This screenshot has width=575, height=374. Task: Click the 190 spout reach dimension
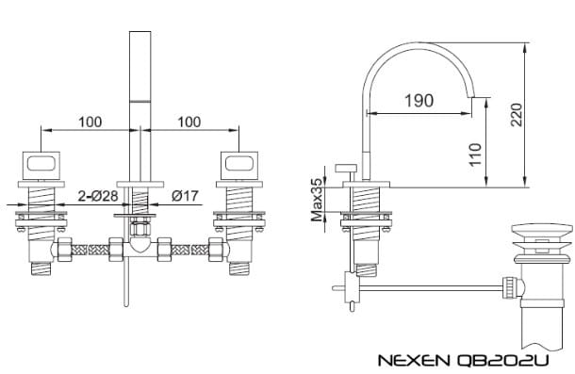click(420, 99)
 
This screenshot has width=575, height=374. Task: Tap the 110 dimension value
click(474, 151)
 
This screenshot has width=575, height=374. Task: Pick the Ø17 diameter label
click(185, 195)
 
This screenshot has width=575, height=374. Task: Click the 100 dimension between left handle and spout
click(90, 122)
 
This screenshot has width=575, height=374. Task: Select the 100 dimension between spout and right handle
click(189, 122)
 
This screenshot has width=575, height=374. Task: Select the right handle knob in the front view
click(237, 165)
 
